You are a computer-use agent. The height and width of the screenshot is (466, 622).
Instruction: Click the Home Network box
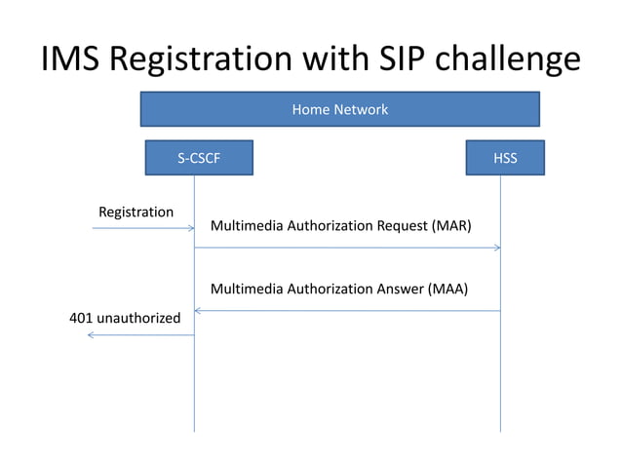339,109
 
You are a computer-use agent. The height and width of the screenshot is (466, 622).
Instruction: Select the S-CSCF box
199,158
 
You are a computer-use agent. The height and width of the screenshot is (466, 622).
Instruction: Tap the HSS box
505,158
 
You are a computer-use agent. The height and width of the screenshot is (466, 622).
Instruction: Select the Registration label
136,212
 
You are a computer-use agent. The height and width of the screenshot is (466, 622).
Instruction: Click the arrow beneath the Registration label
143,228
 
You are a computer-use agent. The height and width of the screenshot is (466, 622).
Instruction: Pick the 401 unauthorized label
125,318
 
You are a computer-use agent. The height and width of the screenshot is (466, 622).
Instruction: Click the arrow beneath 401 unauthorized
140,334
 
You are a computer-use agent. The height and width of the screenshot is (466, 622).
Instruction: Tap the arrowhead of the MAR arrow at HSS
496,248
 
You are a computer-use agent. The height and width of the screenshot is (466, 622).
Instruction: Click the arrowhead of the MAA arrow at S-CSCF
199,311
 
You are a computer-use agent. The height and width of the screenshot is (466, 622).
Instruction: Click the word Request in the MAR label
396,226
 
